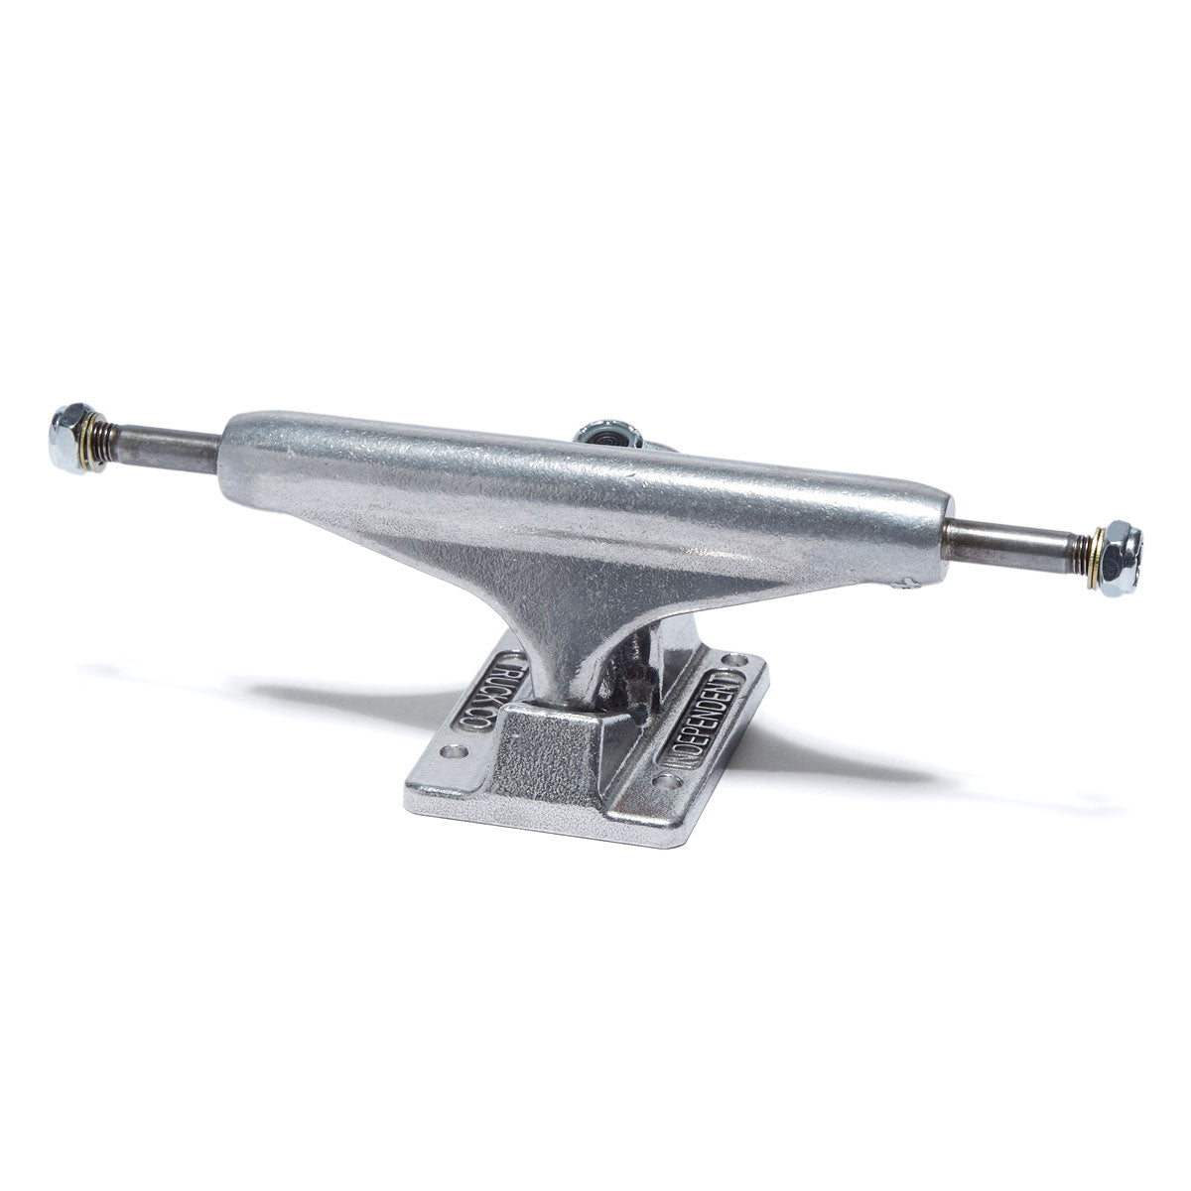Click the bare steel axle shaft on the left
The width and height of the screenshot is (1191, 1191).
pos(169,448)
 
